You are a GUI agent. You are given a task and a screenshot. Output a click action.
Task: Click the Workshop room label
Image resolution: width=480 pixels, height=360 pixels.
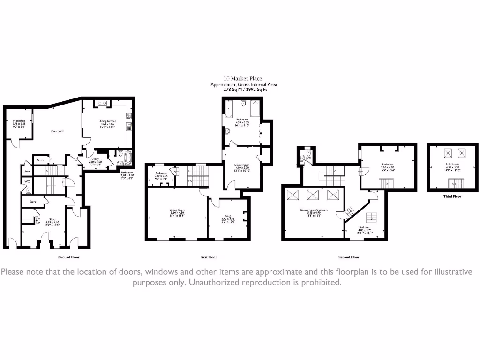19,120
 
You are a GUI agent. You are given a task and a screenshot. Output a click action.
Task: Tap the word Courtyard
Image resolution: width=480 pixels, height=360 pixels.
57,131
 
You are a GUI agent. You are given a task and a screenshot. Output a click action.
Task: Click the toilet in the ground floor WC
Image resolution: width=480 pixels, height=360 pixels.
29,190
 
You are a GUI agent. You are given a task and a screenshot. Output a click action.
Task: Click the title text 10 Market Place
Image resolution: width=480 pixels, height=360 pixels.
243,79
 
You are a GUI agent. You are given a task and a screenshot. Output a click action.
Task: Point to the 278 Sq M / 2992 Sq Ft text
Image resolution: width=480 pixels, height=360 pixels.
243,90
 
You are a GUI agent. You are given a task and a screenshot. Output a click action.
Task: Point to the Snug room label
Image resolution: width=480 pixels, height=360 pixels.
227,216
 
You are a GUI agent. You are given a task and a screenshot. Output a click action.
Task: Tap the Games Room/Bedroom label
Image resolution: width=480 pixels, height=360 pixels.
314,210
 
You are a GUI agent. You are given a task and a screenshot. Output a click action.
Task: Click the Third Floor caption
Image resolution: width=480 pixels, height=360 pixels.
452,196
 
